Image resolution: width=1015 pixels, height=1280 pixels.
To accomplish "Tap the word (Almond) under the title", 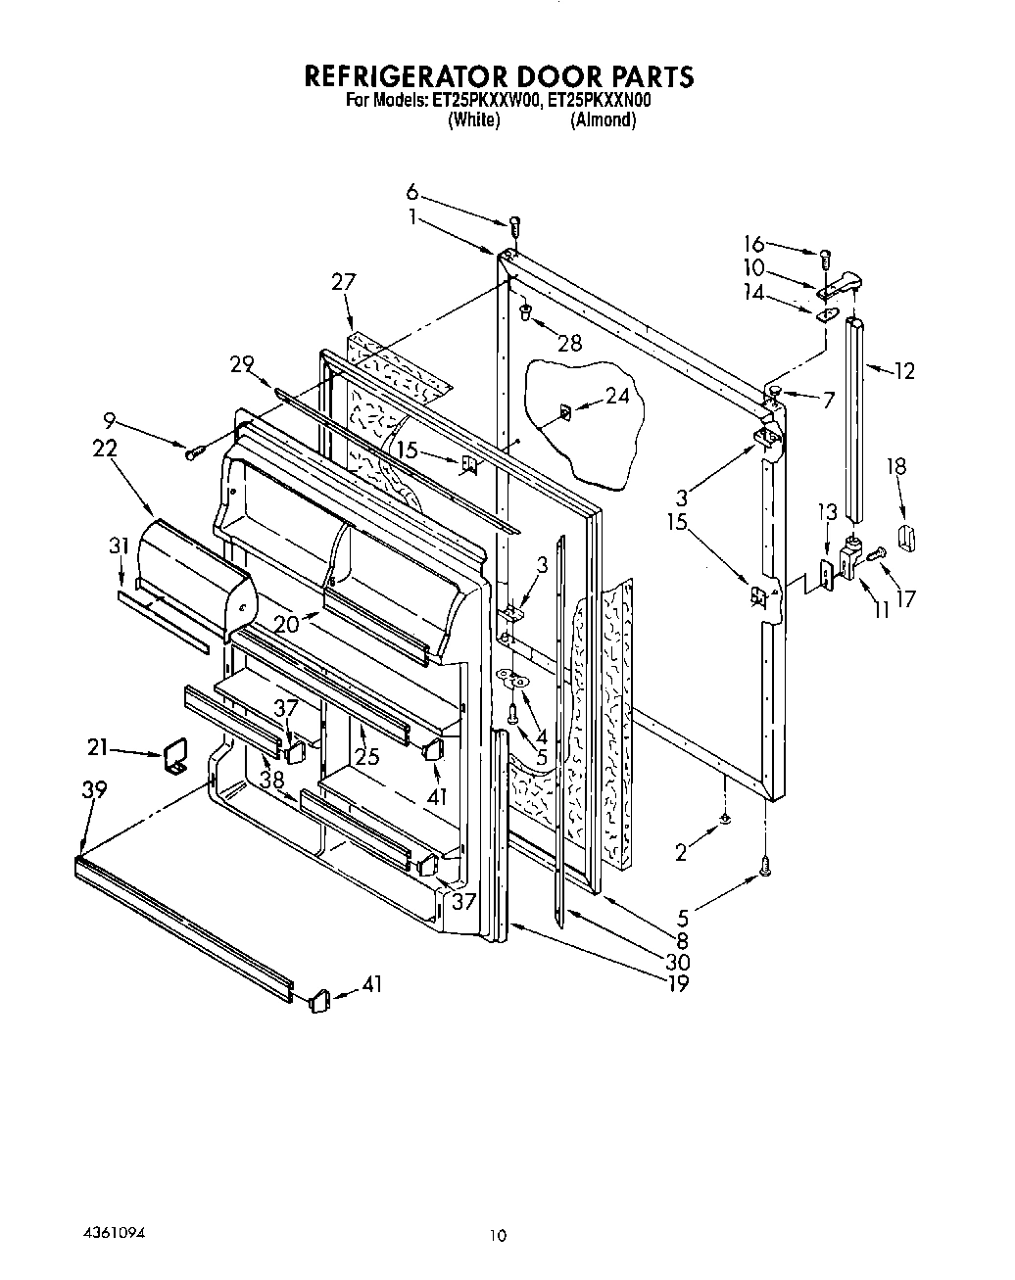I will point(603,120).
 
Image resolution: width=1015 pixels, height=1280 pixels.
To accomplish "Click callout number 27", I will point(344,282).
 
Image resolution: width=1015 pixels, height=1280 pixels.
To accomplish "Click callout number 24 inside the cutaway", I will point(616,397).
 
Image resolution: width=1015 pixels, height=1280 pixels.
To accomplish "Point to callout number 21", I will point(98,749).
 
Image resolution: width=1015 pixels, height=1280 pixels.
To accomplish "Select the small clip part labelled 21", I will point(175,757).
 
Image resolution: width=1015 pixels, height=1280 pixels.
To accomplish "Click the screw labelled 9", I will point(193,451).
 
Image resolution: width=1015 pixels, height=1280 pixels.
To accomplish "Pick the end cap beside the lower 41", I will point(318,1001).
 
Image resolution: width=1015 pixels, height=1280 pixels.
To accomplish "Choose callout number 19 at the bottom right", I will point(677,982).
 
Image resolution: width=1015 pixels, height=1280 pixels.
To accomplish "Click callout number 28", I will point(568,343).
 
